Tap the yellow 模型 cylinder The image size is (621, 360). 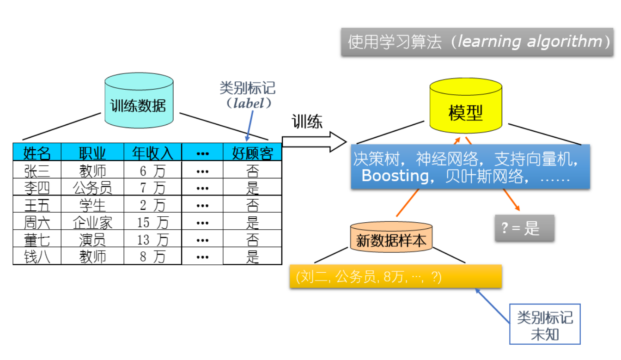465,111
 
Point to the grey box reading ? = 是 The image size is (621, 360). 524,228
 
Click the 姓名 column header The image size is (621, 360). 37,153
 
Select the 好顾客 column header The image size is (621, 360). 252,153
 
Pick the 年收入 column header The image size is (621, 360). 152,153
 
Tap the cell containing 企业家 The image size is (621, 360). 92,222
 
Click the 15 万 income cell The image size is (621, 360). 152,222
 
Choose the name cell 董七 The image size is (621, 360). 37,239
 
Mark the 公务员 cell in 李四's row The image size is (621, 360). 92,188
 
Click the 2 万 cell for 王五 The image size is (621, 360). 152,205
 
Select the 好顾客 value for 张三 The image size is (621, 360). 252,171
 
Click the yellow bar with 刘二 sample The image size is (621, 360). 396,277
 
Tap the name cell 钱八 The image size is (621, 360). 37,256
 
